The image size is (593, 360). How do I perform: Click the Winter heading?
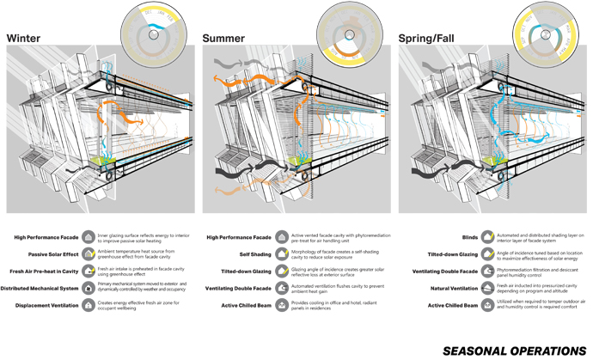(26, 38)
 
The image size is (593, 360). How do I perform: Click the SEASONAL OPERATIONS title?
(513, 351)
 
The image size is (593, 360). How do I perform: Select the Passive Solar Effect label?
(51, 254)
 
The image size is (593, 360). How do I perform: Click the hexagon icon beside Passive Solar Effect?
(89, 254)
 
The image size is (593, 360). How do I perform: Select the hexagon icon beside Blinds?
(486, 237)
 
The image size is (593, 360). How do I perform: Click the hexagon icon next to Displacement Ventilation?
(89, 305)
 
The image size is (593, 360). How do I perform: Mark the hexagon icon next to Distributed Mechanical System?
(89, 288)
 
